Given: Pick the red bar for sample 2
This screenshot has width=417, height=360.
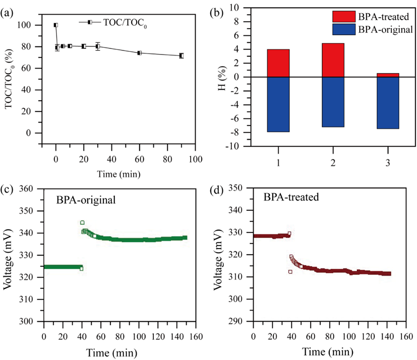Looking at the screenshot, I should (319, 60).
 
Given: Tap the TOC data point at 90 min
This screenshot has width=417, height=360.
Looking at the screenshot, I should (181, 55).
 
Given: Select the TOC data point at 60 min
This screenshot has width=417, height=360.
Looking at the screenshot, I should (139, 52).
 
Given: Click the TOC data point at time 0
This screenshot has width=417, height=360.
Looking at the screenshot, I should (56, 25).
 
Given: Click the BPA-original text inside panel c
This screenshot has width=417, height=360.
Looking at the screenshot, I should (86, 199).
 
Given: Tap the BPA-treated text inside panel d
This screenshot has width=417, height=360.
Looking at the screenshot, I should (291, 197).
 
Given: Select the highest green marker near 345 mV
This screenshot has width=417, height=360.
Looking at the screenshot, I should (82, 222).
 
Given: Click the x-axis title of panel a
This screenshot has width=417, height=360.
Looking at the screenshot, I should (119, 173).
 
